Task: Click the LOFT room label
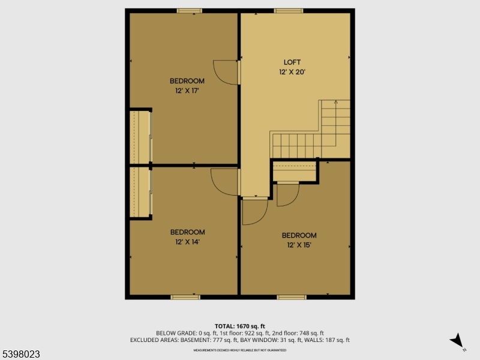[292, 62]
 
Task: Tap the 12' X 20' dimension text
[292, 72]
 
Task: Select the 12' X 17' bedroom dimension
[187, 91]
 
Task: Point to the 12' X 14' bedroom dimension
[187, 242]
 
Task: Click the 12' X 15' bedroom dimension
[299, 245]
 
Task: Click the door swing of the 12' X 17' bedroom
[227, 72]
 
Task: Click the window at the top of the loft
[289, 10]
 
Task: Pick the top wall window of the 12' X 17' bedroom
[189, 10]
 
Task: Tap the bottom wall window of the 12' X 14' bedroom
[185, 297]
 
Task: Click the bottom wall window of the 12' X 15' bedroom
[292, 297]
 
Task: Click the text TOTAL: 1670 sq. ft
[240, 326]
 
